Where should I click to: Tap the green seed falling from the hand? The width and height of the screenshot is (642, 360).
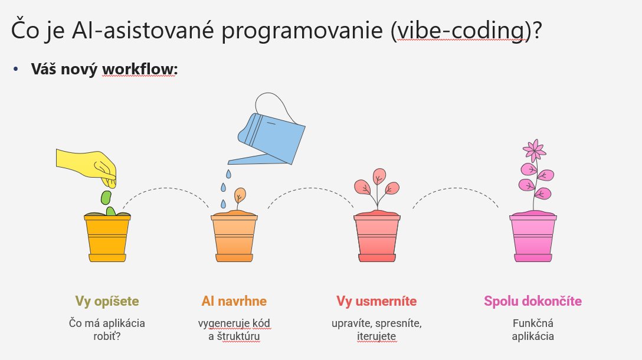pyautogui.click(x=106, y=197)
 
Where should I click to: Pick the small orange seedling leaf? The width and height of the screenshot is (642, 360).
pyautogui.click(x=240, y=194)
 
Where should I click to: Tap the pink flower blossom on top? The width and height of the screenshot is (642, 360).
pyautogui.click(x=535, y=150)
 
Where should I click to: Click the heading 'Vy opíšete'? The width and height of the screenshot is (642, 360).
pyautogui.click(x=107, y=301)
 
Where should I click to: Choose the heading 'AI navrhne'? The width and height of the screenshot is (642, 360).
pyautogui.click(x=234, y=301)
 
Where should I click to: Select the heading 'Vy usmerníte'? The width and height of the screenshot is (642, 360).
pyautogui.click(x=376, y=301)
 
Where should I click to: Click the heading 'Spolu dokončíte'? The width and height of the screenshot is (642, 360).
pyautogui.click(x=533, y=301)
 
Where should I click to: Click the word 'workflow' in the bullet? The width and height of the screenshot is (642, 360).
pyautogui.click(x=139, y=69)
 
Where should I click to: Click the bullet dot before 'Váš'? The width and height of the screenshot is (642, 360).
pyautogui.click(x=15, y=69)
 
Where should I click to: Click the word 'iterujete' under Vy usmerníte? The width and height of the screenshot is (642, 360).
pyautogui.click(x=376, y=336)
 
